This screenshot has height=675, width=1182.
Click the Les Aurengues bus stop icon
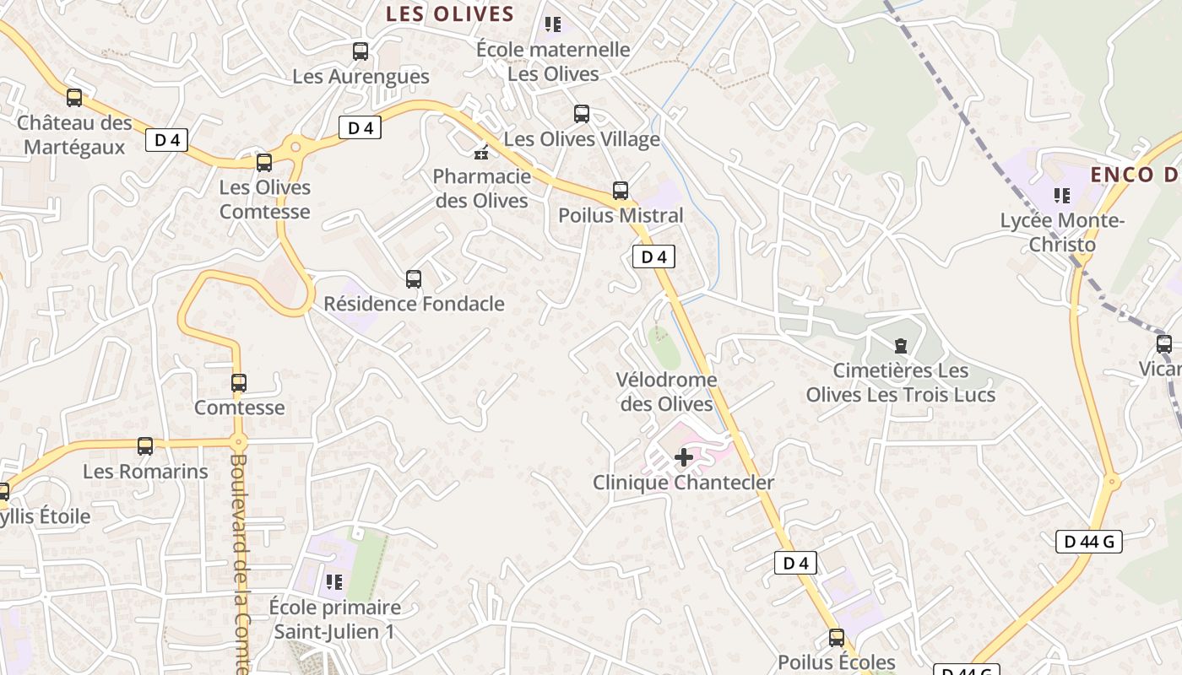(361, 51)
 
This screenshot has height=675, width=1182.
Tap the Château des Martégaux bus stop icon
(74, 98)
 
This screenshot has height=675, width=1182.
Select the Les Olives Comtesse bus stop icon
(264, 163)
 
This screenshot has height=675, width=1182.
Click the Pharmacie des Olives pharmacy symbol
(481, 153)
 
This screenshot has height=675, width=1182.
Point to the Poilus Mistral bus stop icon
(621, 191)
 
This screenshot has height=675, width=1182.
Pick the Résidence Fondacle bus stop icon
(414, 279)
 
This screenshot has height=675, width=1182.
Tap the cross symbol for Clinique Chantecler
(684, 458)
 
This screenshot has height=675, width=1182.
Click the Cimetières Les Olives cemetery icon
(900, 346)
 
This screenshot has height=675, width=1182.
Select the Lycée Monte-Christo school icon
(1062, 196)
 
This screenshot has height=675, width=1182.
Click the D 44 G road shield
(1089, 542)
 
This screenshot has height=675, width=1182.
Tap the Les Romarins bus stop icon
(145, 446)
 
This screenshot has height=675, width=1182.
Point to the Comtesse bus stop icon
(239, 383)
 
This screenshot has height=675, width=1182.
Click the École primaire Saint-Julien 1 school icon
(334, 582)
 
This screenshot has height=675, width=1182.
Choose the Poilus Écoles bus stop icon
(837, 638)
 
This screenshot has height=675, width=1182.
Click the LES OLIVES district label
(450, 14)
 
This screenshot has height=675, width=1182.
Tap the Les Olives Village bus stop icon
(582, 114)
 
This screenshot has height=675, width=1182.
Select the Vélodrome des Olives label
(666, 391)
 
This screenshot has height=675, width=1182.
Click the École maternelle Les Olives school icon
(553, 24)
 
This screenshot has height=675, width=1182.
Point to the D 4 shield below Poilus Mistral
(653, 257)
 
